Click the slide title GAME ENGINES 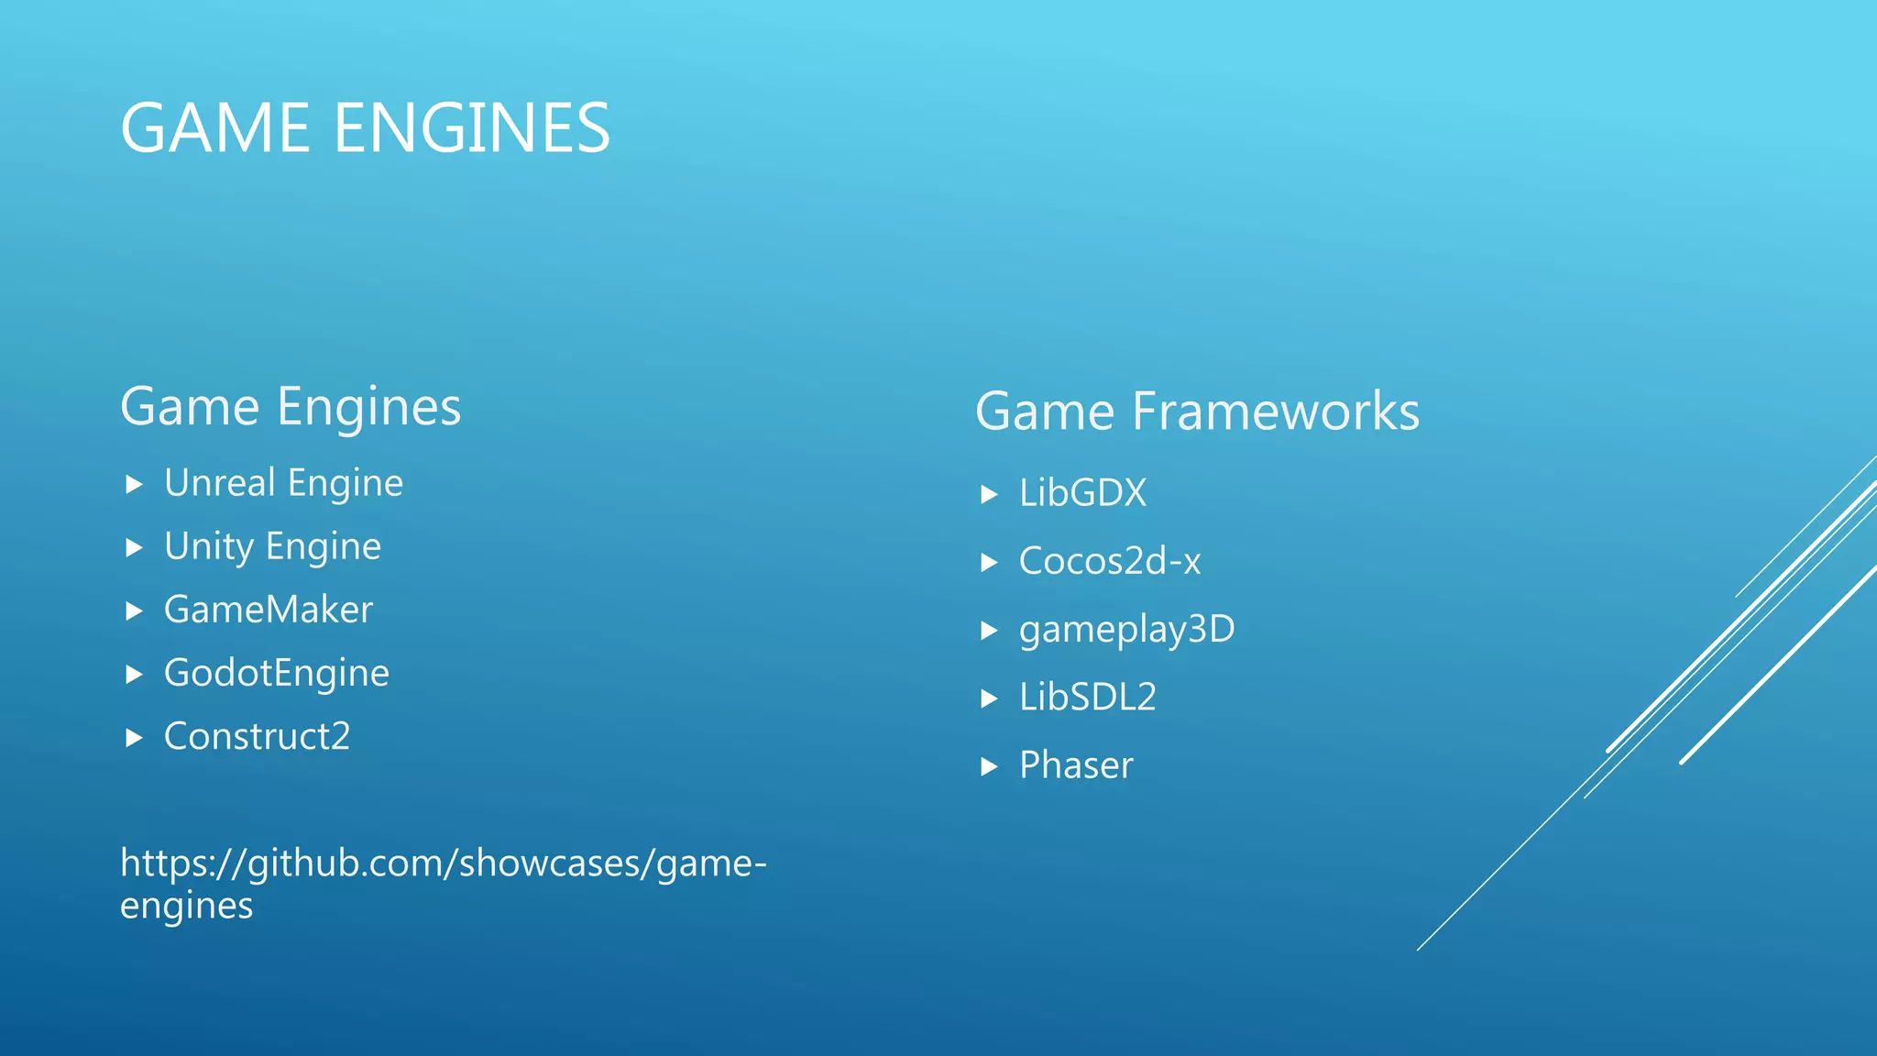pos(365,128)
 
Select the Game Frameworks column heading pos(1197,412)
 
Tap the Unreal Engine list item pos(283,483)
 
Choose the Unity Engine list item pos(272,546)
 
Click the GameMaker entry pos(269,610)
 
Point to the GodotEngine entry pos(277,674)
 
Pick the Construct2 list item pos(258,737)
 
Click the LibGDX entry pos(1082,494)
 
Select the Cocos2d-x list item pos(1109,562)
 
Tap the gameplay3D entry pos(1126,630)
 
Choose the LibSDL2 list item pos(1087,698)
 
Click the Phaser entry pos(1076,765)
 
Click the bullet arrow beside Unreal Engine pos(134,484)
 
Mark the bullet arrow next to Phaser pos(988,766)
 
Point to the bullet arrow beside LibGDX pos(988,495)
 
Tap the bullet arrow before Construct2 pos(134,738)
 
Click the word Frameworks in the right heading pos(1275,412)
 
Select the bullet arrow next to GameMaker pos(134,610)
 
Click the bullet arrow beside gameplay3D pos(988,631)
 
